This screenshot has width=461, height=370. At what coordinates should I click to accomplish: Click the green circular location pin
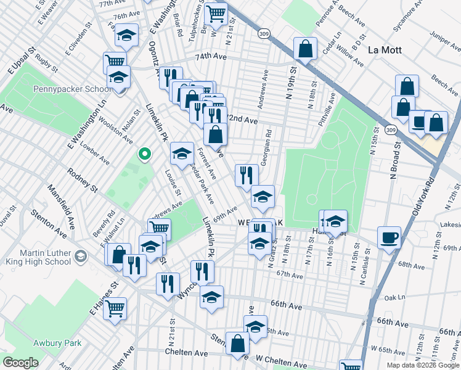(x=144, y=154)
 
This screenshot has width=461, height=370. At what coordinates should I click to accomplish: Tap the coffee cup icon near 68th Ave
(x=389, y=237)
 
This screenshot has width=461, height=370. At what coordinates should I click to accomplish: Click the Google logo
(x=20, y=363)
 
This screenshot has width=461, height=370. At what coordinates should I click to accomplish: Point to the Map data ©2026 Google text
(x=423, y=364)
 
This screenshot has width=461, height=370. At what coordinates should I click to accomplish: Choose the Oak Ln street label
(x=392, y=297)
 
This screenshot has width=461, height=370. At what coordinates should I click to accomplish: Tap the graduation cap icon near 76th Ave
(x=126, y=37)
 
